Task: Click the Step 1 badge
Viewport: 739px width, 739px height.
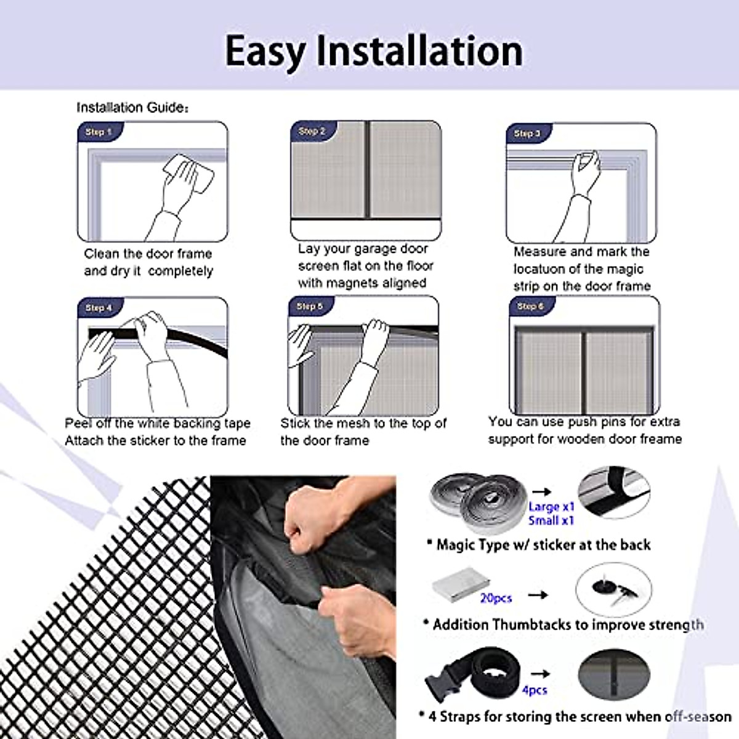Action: coord(99,132)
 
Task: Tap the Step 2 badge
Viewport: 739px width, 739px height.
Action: coord(312,131)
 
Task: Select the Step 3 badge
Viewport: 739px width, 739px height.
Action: coord(527,133)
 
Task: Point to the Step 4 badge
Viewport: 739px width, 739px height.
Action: coord(99,307)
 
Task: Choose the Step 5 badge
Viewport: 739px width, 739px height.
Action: coord(310,306)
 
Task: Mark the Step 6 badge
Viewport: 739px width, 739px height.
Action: coord(530,306)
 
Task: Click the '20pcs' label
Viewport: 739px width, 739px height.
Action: coord(496,598)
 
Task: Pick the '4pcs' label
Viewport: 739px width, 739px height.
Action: coord(535,690)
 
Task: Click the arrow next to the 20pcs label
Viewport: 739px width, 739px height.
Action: coord(538,595)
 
